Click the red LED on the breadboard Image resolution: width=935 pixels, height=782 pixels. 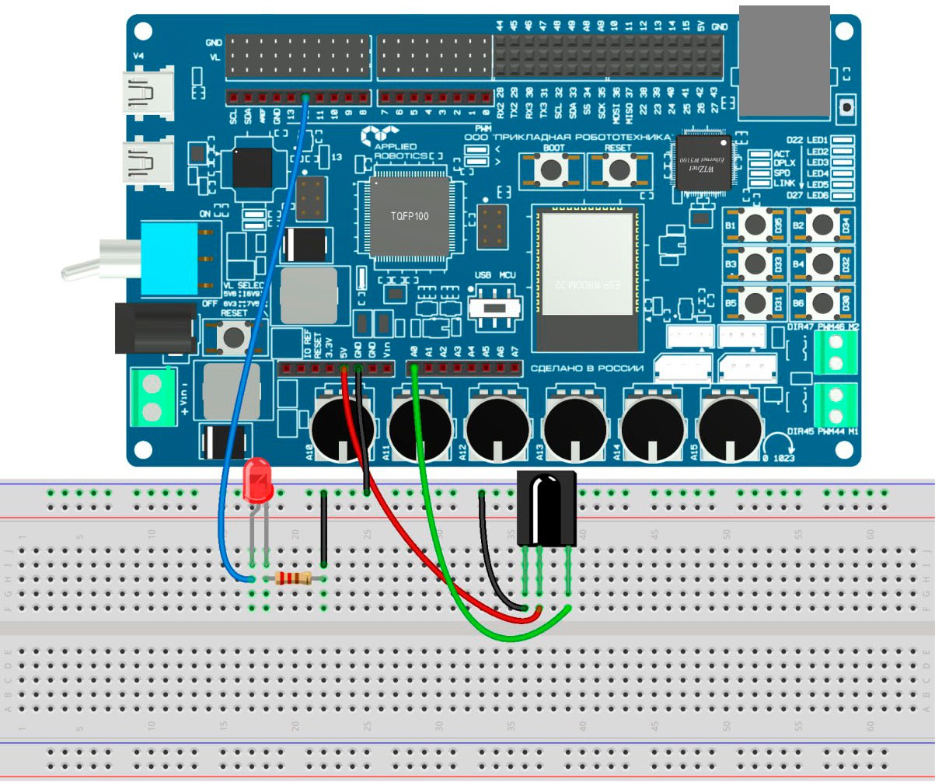[x=257, y=480]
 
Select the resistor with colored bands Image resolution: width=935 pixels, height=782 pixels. [x=295, y=578]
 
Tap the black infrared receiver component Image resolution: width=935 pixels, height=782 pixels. [x=547, y=509]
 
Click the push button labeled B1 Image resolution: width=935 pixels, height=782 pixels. [x=755, y=225]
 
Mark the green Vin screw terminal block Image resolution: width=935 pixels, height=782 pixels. [x=152, y=398]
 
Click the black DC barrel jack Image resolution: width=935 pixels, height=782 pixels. [x=155, y=327]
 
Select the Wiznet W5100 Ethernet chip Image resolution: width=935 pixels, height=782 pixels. [x=704, y=162]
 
